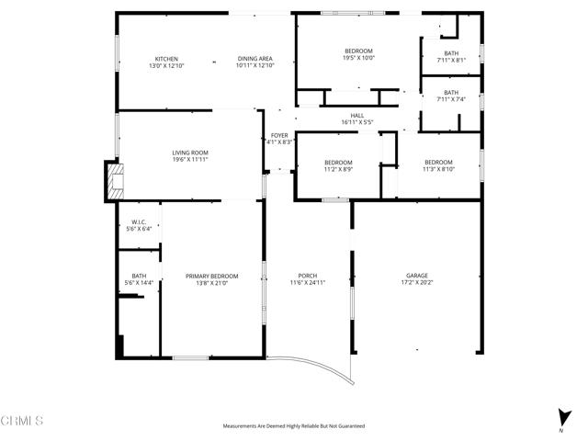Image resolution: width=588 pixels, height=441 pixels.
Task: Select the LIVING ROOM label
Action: (190, 153)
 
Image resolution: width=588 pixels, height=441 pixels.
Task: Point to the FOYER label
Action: (279, 135)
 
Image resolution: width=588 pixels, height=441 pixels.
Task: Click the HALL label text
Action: (357, 115)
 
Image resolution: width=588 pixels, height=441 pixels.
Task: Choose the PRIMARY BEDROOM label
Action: (211, 276)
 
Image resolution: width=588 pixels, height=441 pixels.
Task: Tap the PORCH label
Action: (308, 276)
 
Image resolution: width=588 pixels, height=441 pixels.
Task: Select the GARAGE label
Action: (417, 276)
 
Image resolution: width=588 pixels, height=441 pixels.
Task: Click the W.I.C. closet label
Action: (139, 221)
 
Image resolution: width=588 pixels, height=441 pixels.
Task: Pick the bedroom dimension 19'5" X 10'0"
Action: (358, 58)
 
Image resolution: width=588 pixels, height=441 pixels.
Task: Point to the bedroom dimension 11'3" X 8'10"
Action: (438, 169)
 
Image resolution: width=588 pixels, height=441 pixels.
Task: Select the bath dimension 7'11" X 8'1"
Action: (451, 61)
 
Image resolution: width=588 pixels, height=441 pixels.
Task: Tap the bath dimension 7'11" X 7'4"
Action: (451, 99)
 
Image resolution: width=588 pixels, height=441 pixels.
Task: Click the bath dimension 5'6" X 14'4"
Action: (139, 283)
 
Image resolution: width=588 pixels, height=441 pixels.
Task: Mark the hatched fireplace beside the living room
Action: (115, 181)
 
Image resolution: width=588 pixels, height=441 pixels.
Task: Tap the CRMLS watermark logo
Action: (22, 421)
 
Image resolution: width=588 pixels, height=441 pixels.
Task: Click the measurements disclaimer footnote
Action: (294, 426)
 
